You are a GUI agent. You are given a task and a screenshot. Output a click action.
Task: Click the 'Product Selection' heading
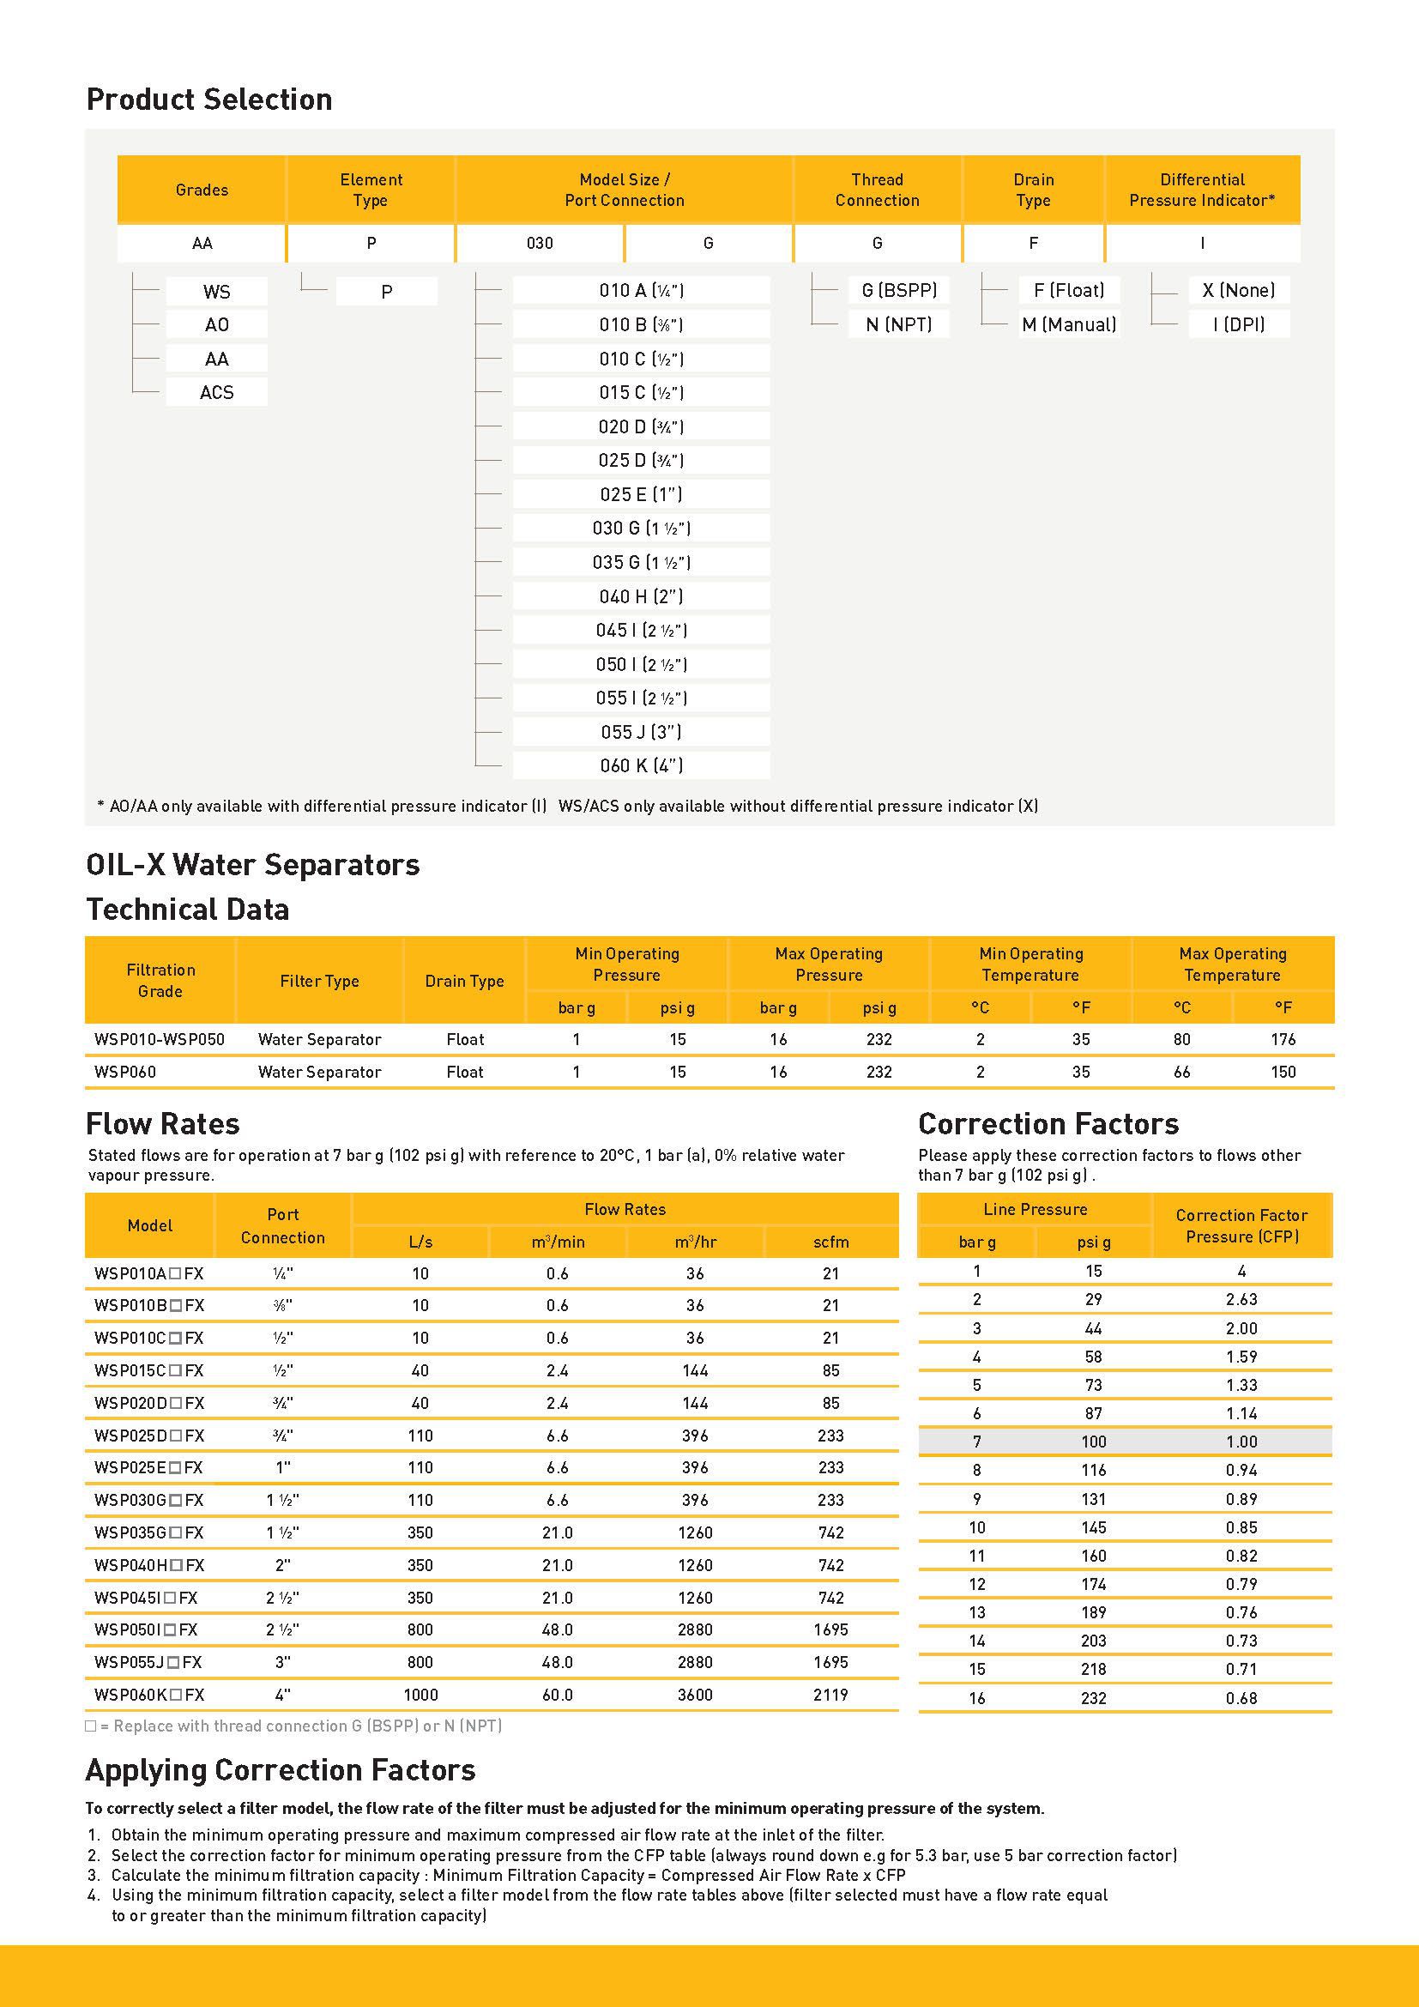[208, 100]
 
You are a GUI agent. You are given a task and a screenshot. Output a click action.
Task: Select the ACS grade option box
[217, 392]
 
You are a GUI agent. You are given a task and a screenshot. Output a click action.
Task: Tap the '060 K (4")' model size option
[642, 765]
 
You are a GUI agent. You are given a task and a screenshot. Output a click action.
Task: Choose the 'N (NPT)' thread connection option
[898, 324]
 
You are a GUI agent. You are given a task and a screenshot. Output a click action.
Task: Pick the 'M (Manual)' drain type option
[1069, 324]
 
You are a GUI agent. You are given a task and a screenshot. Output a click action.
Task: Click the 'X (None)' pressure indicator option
[1238, 290]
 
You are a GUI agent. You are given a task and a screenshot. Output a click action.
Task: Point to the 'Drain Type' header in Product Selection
[1033, 190]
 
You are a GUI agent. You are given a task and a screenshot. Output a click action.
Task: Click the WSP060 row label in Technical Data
[125, 1072]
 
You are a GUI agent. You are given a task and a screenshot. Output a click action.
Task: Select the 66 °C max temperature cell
[1181, 1072]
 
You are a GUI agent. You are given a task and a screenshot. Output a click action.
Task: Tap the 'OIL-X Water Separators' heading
[252, 865]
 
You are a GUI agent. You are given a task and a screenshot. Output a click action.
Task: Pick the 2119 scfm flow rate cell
[830, 1695]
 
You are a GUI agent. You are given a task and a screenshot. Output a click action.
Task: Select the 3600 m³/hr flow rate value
[695, 1695]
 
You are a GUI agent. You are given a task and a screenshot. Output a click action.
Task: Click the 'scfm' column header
[830, 1242]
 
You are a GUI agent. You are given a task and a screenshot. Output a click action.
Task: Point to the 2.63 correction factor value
[1241, 1299]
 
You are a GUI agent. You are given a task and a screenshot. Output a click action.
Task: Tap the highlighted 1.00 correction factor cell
[1241, 1442]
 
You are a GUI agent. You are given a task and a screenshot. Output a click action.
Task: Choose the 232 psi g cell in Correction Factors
[1093, 1697]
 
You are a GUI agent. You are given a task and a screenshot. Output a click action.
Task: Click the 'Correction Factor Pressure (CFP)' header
[1241, 1225]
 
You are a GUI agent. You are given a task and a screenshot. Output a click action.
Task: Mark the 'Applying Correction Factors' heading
[281, 1770]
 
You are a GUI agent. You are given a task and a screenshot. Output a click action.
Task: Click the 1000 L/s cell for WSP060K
[420, 1695]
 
